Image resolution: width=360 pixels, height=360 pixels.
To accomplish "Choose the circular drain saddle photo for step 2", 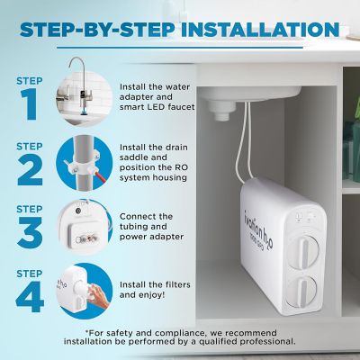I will point(85,162).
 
